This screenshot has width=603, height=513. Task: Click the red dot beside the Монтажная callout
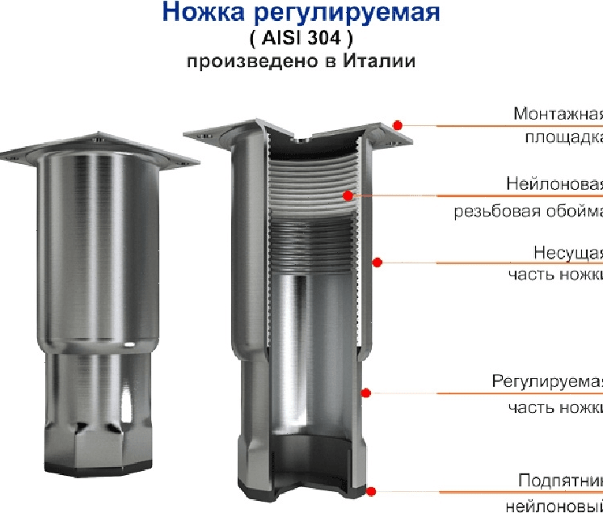398,124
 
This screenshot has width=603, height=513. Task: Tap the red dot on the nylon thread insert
348,195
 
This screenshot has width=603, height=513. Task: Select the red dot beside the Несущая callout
377,261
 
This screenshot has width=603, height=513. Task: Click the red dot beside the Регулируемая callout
365,393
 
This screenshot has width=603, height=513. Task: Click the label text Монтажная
559,113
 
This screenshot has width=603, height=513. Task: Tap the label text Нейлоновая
555,183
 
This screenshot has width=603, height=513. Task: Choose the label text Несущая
569,251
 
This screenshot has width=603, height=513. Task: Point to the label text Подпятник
561,480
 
